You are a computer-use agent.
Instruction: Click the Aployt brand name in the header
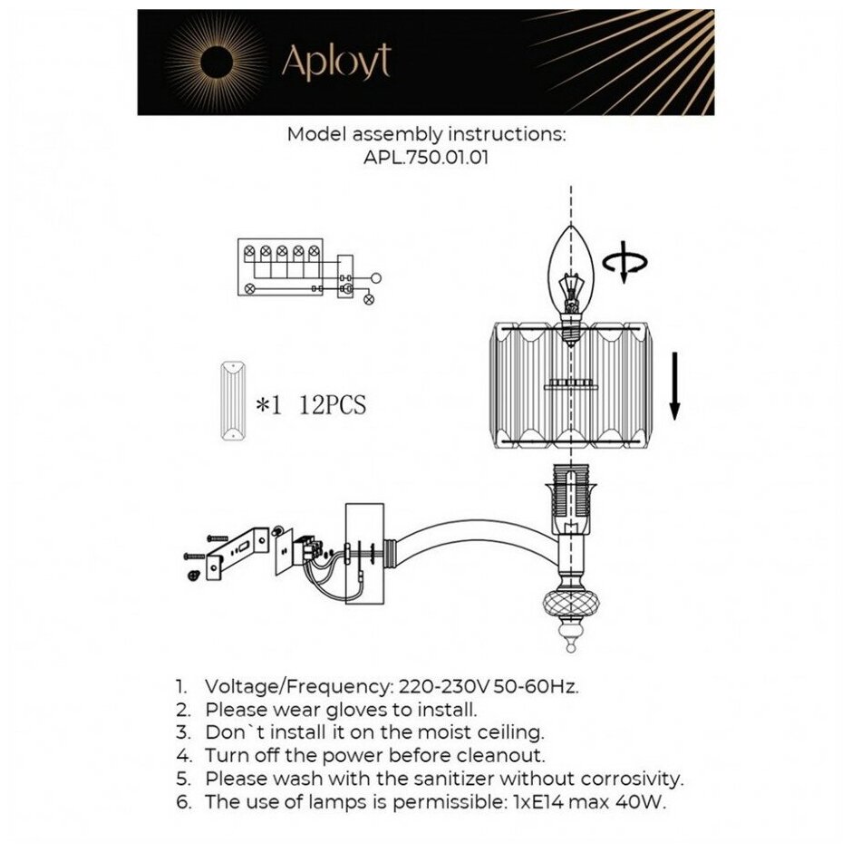336,62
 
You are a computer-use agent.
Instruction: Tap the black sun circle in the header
215,63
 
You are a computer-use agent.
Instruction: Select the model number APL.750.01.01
426,157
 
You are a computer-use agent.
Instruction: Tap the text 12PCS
332,406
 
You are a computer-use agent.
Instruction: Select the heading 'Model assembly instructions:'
426,134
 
